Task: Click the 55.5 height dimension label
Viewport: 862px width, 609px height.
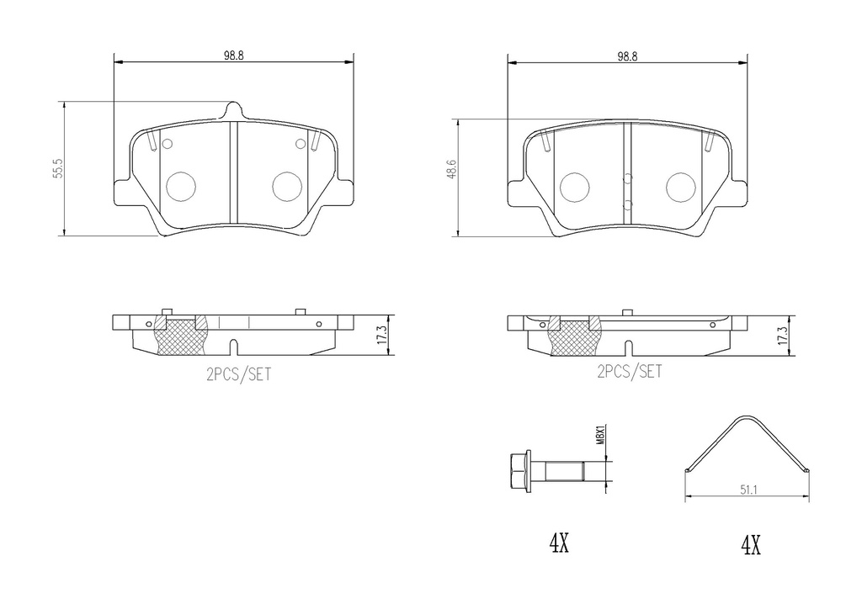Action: point(59,168)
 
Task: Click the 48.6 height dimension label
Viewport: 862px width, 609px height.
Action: point(452,169)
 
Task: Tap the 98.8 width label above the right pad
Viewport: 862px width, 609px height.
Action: point(627,56)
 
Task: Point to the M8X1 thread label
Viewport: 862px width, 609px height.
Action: point(601,434)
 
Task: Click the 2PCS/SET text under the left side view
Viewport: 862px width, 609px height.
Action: point(238,374)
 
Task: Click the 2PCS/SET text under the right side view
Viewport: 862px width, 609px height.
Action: point(630,372)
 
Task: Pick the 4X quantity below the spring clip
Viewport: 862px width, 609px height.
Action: point(750,546)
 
